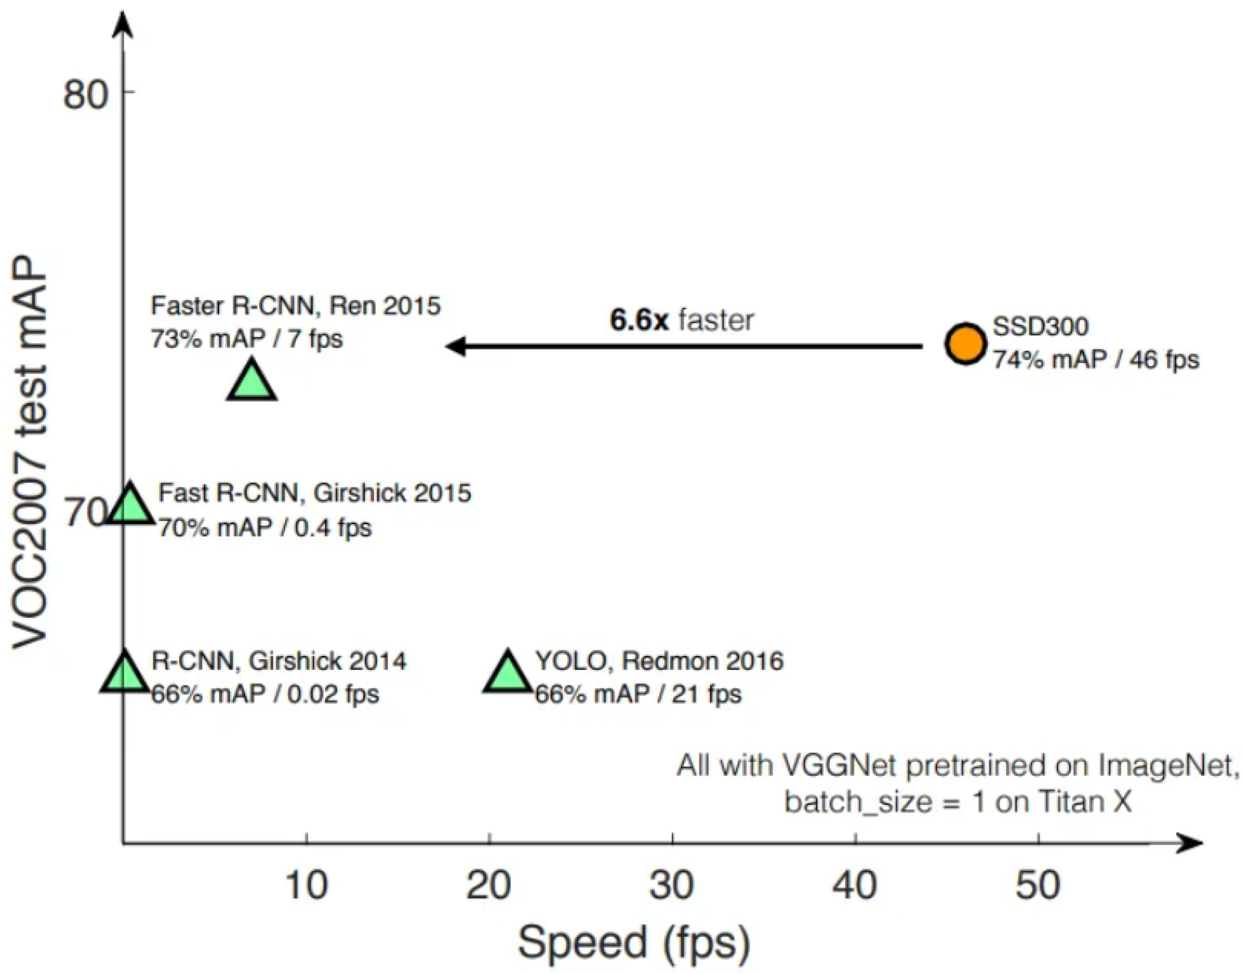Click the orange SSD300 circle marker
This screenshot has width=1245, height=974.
(x=965, y=343)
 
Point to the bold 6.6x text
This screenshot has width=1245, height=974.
(x=639, y=320)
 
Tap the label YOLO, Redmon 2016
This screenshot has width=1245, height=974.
(x=659, y=661)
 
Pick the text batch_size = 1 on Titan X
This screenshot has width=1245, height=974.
(x=958, y=802)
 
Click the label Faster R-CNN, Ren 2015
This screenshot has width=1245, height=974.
(x=295, y=306)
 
